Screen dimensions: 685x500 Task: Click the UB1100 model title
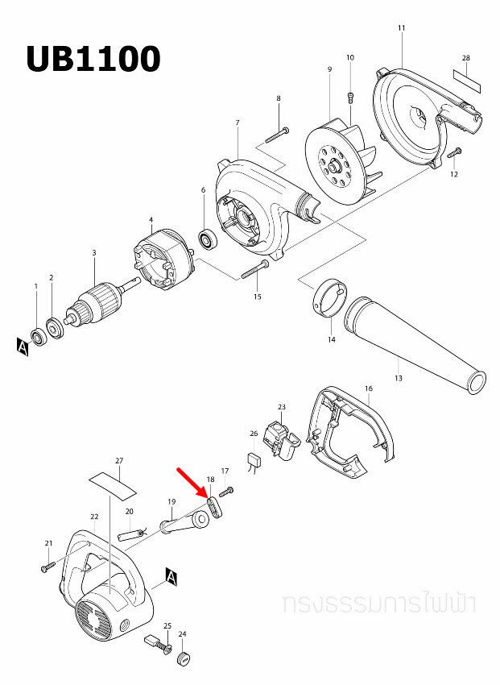93,59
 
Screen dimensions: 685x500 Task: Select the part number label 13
398,377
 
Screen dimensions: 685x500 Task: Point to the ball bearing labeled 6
209,239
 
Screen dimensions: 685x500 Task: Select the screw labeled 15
253,271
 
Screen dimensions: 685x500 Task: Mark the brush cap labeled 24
184,659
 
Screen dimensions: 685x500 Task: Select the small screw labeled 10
350,98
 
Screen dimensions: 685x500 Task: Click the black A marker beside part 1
22,346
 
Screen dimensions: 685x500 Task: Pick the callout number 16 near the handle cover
368,388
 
